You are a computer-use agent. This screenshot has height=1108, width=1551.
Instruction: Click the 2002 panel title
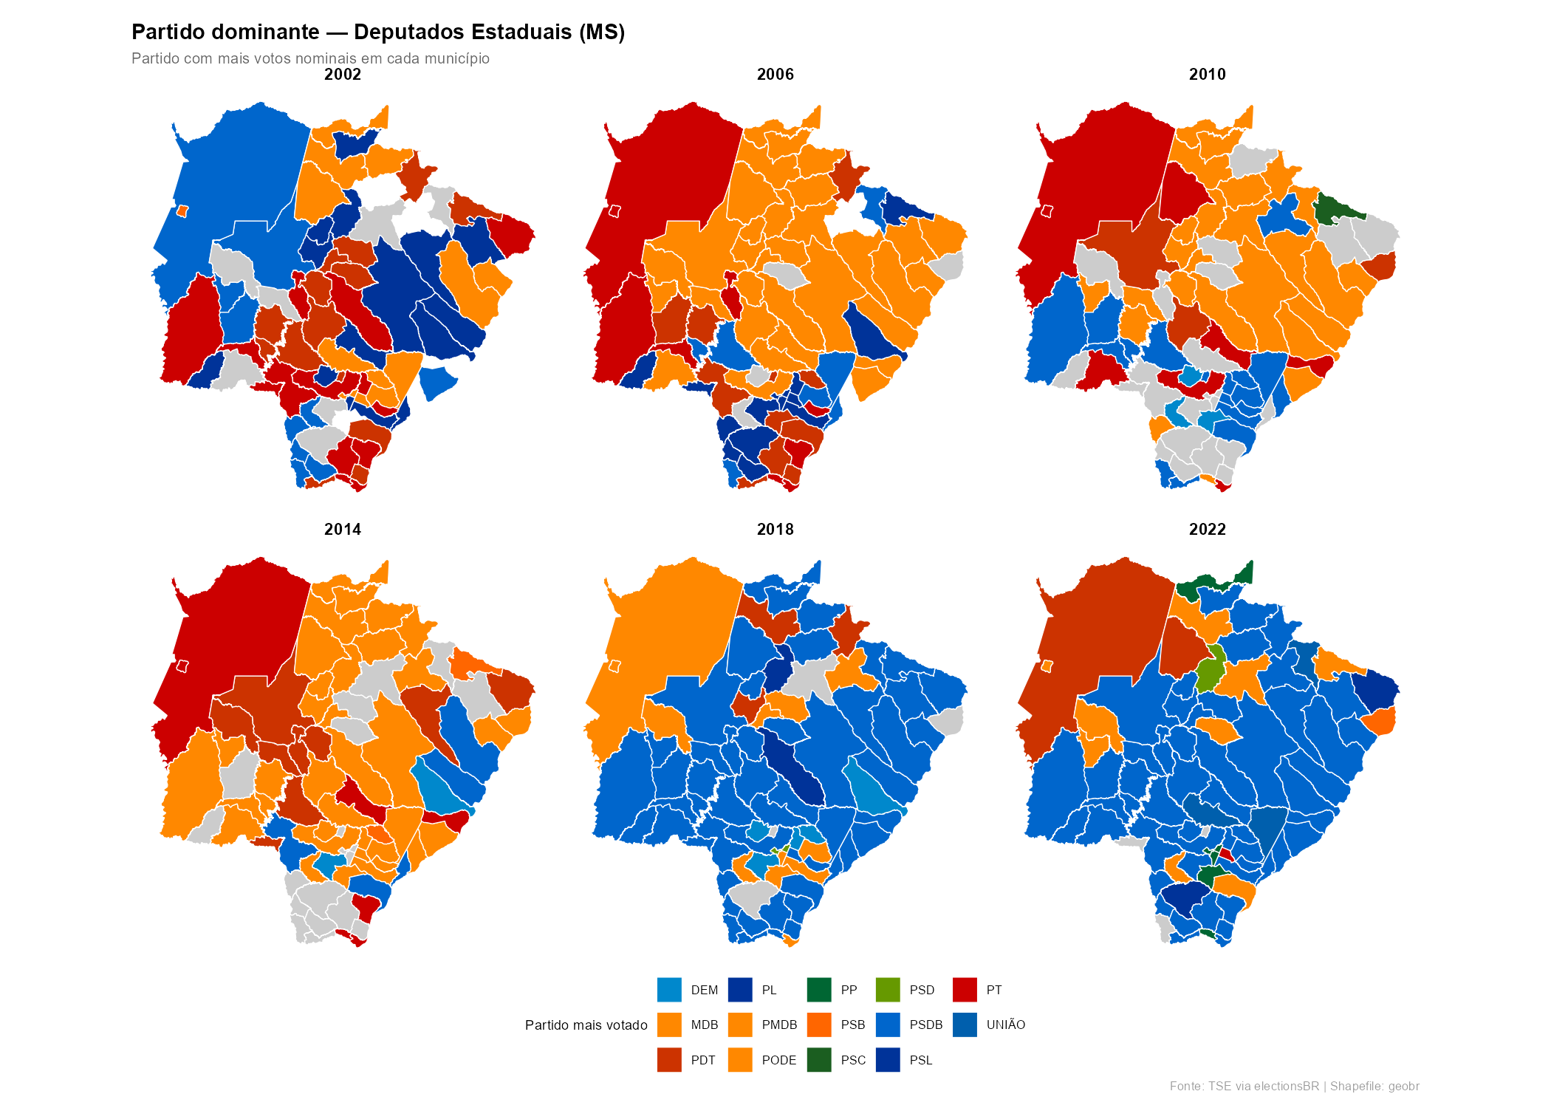coord(343,75)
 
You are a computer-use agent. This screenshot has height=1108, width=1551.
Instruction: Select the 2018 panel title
coord(775,530)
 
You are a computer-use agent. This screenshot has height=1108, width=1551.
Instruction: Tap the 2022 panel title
coord(1207,530)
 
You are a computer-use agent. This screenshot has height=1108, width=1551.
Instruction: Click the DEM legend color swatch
coord(669,990)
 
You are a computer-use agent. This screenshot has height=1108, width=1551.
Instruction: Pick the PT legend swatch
coord(965,990)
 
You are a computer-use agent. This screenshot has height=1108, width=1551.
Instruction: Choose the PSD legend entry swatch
coord(888,990)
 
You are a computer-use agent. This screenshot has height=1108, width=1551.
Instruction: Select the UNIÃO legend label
coord(1005,1025)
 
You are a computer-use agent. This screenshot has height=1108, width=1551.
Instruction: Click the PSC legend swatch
coord(819,1060)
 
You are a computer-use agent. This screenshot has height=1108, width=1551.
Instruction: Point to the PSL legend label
coord(920,1060)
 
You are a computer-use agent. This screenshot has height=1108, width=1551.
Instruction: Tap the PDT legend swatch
coord(669,1060)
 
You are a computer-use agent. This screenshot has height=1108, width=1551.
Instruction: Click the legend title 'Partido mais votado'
coord(586,1025)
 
